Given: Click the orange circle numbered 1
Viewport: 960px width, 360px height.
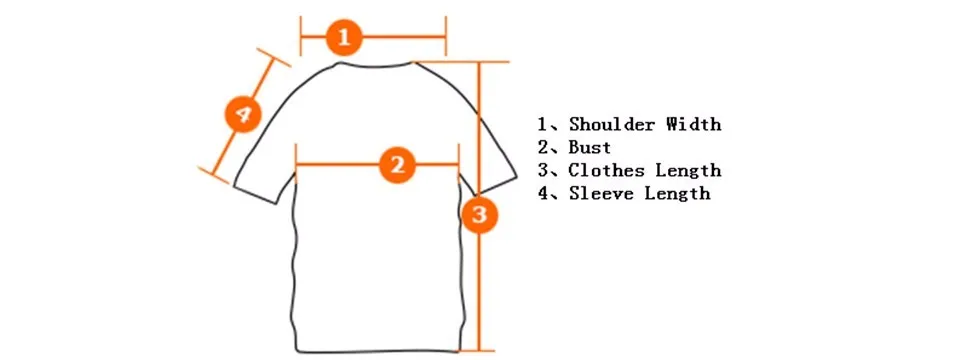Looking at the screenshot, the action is [344, 37].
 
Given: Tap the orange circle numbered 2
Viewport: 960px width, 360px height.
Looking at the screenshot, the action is [397, 165].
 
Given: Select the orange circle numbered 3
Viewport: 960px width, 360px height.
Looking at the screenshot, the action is [479, 214].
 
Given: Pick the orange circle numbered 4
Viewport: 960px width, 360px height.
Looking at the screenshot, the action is [243, 114].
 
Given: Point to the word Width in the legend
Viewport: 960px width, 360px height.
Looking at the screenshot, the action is [694, 124].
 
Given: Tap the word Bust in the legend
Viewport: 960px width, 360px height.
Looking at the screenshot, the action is [590, 148].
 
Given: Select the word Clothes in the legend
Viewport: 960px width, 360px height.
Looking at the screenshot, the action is [607, 170].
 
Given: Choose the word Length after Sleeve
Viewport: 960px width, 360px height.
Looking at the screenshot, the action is [678, 193].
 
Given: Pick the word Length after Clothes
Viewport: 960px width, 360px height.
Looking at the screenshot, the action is [689, 170].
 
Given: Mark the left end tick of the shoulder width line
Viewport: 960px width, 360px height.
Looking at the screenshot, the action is [301, 36].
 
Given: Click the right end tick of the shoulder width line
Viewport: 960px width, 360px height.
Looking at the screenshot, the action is [446, 36].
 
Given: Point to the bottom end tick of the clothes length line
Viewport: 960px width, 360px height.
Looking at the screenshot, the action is [479, 351].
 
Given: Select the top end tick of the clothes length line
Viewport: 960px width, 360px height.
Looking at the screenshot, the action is [479, 61].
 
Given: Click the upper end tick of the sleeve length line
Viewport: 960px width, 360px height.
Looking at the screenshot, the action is [274, 57].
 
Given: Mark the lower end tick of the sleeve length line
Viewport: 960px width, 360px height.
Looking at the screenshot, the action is [214, 174].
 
